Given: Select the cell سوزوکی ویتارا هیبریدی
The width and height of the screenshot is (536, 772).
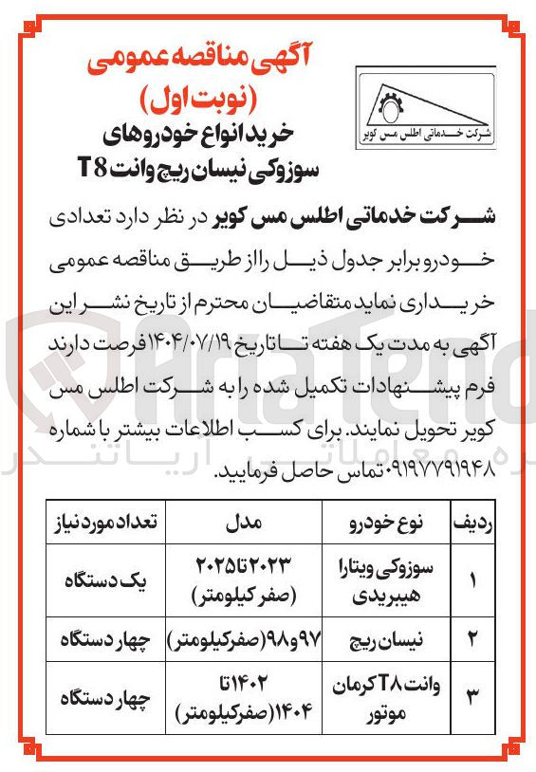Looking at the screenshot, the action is click(383, 580).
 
